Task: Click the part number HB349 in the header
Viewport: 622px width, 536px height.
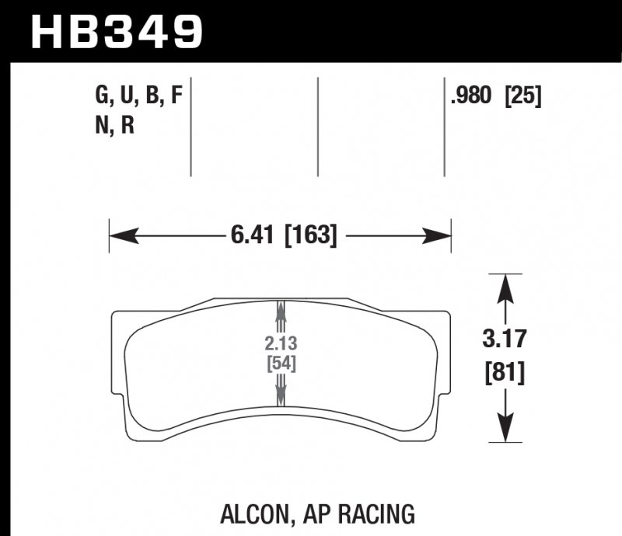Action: coord(116,31)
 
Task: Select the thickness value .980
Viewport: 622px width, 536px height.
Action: coord(472,96)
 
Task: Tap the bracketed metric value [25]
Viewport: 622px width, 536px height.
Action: coord(522,96)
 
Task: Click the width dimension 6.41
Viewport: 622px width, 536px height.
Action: coord(256,235)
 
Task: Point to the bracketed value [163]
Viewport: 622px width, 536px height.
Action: coord(312,235)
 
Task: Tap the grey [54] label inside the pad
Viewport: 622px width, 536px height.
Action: coord(279,363)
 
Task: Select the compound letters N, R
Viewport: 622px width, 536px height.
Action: coord(116,125)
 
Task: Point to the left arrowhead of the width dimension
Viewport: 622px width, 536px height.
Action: coord(121,235)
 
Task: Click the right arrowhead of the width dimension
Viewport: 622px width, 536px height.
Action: coord(439,235)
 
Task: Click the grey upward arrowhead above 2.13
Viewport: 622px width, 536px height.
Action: coord(279,311)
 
